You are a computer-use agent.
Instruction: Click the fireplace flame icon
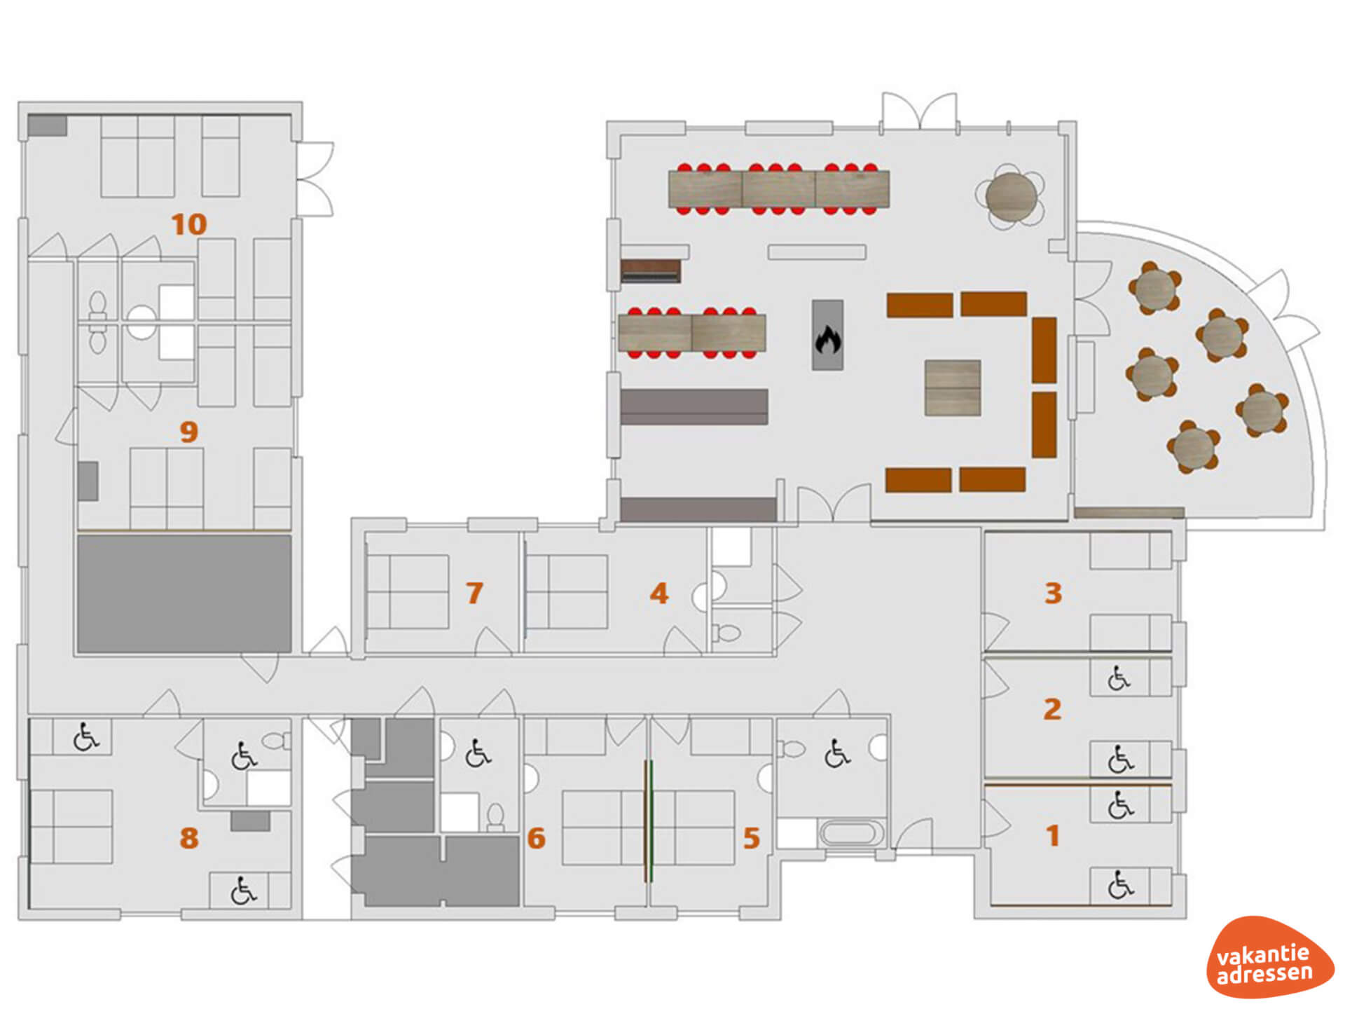827,340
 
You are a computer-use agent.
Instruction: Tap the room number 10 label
189,224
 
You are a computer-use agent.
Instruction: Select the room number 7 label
475,593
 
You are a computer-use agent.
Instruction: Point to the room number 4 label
659,593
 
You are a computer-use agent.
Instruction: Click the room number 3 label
1053,593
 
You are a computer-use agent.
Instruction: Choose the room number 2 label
1052,709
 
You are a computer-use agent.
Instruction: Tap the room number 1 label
1052,835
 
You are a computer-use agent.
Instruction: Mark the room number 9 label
189,432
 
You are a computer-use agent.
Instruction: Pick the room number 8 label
189,838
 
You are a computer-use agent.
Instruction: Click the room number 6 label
537,838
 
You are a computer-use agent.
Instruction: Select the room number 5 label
752,838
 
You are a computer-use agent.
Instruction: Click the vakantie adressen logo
1269,957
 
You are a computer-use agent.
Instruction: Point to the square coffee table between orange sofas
952,387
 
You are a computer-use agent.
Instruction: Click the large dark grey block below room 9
184,594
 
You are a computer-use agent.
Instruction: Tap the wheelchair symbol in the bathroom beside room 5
836,753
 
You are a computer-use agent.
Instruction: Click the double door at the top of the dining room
918,112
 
